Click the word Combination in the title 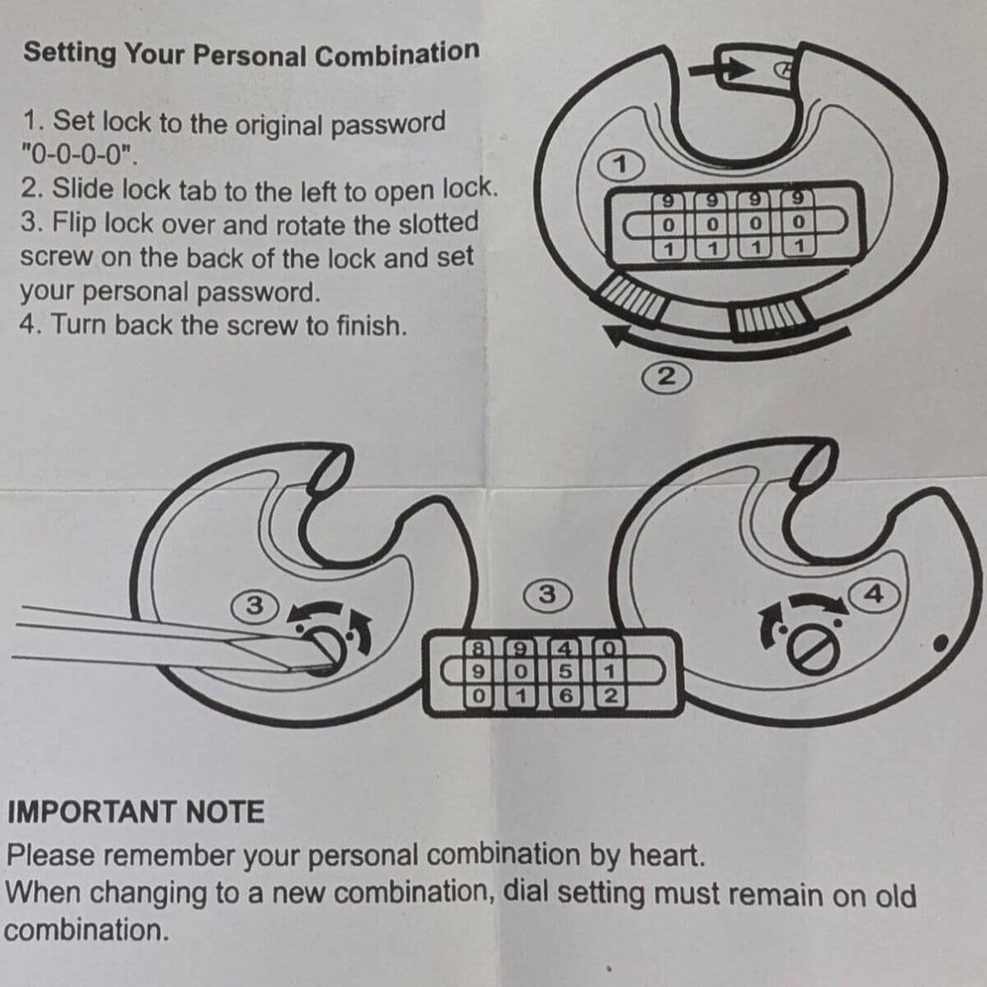click(397, 54)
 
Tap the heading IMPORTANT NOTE click(136, 811)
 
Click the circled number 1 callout click(621, 165)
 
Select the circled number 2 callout click(666, 377)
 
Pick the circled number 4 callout click(874, 594)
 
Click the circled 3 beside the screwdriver click(255, 606)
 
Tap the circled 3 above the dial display click(547, 594)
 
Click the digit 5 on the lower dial click(565, 672)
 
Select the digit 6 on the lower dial click(565, 695)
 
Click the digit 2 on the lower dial click(609, 695)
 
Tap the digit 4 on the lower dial click(565, 648)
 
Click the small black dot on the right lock click(941, 642)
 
